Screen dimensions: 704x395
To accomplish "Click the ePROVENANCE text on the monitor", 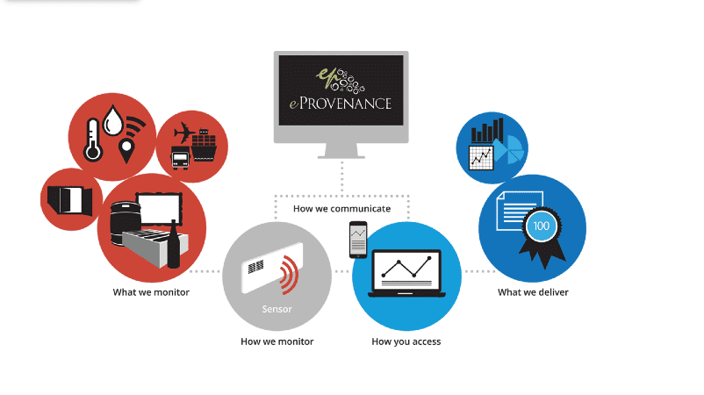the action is (341, 104).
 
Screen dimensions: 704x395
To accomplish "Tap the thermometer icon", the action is (93, 140).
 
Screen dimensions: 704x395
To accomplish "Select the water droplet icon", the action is (113, 120).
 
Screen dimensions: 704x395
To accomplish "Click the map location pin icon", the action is (126, 151).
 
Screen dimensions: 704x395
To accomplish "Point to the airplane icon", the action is (184, 133).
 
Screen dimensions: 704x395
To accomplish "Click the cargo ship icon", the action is (204, 145).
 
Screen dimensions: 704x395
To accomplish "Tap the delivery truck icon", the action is (180, 157).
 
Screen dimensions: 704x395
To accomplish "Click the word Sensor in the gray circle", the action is (277, 309).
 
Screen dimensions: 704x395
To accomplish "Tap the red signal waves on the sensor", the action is (289, 274).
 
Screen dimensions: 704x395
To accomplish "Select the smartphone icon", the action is (358, 240).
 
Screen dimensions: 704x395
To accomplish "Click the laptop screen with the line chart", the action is (406, 269).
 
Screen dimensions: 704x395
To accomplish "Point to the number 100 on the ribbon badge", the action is (541, 226).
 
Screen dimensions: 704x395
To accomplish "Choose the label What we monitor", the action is (151, 292).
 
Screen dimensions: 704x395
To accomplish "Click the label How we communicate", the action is (341, 209).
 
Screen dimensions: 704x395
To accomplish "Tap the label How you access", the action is (406, 342).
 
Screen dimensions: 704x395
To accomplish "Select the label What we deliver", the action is (533, 292).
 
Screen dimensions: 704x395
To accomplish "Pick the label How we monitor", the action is (277, 341).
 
